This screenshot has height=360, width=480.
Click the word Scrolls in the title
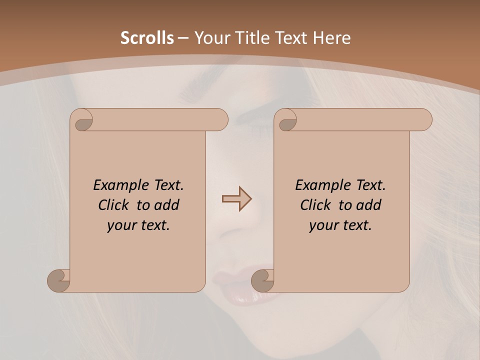147,38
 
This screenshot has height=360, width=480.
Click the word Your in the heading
210,38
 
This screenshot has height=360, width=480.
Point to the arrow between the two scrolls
236,199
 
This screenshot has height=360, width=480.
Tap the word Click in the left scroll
114,205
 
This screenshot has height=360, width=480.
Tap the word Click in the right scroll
316,205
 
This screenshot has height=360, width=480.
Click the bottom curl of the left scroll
58,280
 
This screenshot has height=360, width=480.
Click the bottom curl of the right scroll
262,280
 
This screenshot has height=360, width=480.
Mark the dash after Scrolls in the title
183,38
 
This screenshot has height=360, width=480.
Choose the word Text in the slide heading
290,38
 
